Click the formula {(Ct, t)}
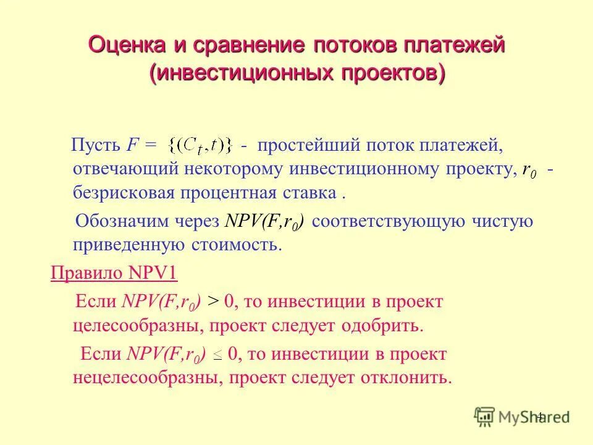pos(201,146)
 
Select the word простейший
pos(308,146)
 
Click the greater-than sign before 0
pos(212,302)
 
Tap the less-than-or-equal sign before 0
pos(217,355)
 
